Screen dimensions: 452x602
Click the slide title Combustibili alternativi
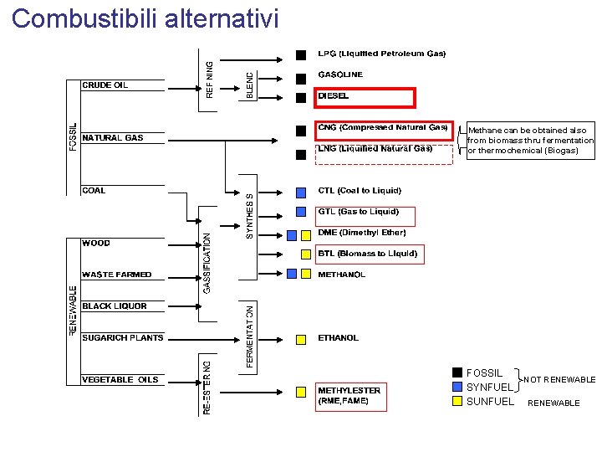[145, 18]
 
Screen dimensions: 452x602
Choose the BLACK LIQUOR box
[115, 306]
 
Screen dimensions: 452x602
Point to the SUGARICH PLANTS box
[122, 338]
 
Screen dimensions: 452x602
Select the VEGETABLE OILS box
[120, 380]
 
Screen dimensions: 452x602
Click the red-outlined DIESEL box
[365, 97]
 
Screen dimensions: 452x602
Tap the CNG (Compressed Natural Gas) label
[383, 128]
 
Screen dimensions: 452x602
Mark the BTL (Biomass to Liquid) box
[367, 254]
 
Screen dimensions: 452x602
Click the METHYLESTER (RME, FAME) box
[349, 395]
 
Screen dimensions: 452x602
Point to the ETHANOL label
[339, 338]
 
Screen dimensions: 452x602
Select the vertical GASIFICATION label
[207, 251]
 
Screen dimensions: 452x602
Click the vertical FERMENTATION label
[249, 336]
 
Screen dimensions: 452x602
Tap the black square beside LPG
[301, 55]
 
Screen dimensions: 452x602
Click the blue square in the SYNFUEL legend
[457, 387]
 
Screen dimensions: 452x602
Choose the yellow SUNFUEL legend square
[457, 401]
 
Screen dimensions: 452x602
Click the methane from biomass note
[530, 141]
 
